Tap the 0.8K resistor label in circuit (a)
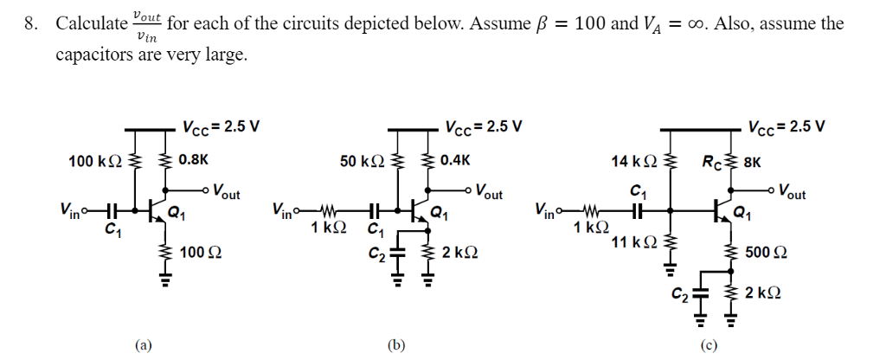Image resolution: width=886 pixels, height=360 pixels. [192, 160]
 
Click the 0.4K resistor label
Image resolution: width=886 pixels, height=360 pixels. [455, 160]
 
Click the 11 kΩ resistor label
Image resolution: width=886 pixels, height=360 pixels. [630, 243]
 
